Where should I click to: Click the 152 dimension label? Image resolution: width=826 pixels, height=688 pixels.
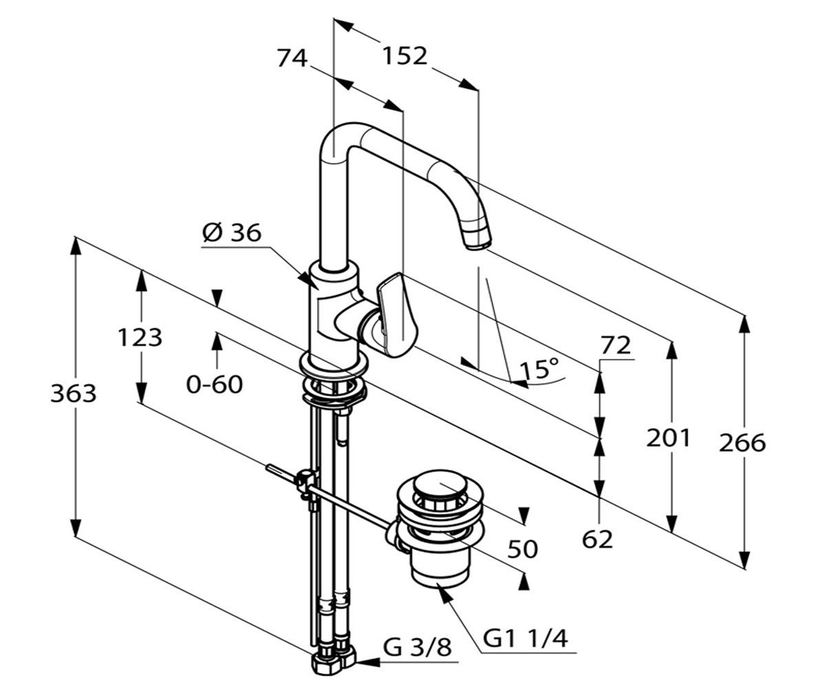pyautogui.click(x=405, y=56)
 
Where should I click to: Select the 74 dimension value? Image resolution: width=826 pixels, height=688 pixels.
pyautogui.click(x=292, y=58)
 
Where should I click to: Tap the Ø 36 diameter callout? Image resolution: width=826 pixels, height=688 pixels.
pyautogui.click(x=232, y=233)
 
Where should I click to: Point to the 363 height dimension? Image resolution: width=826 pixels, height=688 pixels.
pyautogui.click(x=74, y=394)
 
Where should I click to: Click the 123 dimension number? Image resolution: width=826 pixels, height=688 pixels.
pyautogui.click(x=140, y=338)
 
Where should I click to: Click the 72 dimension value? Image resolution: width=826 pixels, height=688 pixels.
pyautogui.click(x=615, y=345)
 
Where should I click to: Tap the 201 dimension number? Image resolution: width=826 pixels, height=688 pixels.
pyautogui.click(x=668, y=438)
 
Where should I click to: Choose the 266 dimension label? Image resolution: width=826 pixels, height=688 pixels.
pyautogui.click(x=742, y=443)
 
